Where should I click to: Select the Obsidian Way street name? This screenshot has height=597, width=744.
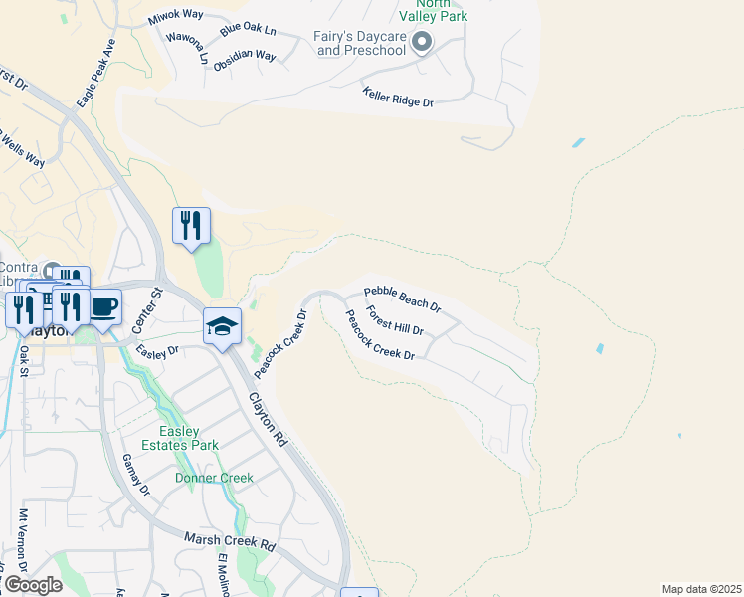[244, 56]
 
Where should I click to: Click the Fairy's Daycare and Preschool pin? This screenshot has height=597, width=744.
[421, 41]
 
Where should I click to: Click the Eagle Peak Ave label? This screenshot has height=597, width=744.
[96, 74]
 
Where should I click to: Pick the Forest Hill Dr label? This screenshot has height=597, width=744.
[395, 320]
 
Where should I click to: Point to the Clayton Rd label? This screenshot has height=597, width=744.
[268, 417]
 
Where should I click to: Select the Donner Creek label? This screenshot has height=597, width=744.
[214, 478]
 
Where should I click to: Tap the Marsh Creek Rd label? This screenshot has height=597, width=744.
[229, 542]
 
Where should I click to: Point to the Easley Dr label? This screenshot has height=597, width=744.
[157, 350]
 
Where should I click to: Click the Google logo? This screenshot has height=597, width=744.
[32, 585]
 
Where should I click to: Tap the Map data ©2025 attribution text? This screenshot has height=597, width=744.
[700, 589]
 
